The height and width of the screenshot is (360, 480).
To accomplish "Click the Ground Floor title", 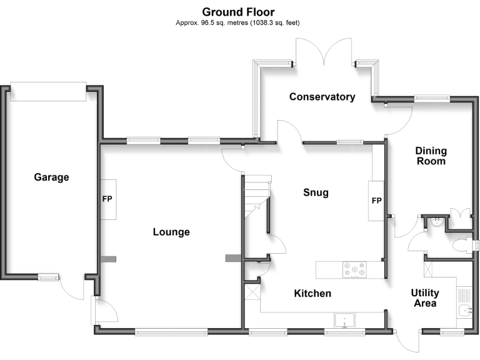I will pyautogui.click(x=238, y=12).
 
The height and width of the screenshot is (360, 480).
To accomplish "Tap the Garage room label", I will pyautogui.click(x=51, y=177).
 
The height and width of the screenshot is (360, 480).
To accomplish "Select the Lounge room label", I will pyautogui.click(x=171, y=232).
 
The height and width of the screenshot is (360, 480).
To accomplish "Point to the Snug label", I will pyautogui.click(x=316, y=192).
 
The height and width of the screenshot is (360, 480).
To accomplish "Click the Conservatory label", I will pyautogui.click(x=322, y=97).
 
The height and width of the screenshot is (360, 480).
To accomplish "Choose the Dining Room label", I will pyautogui.click(x=431, y=156).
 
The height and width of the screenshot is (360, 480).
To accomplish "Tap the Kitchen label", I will pyautogui.click(x=312, y=293).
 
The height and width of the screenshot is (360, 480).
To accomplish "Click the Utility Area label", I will pyautogui.click(x=424, y=298).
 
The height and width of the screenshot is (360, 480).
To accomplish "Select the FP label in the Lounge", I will pyautogui.click(x=107, y=200).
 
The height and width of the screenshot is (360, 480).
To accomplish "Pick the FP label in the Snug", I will pyautogui.click(x=376, y=201).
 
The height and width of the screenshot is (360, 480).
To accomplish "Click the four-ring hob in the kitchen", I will pyautogui.click(x=354, y=269).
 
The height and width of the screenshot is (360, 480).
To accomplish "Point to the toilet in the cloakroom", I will pyautogui.click(x=463, y=245).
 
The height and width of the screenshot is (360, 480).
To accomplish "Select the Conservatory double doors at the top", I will pyautogui.click(x=324, y=53).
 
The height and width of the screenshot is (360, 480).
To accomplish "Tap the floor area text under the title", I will pyautogui.click(x=238, y=23).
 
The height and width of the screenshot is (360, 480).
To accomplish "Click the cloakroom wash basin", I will pyautogui.click(x=436, y=221).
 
